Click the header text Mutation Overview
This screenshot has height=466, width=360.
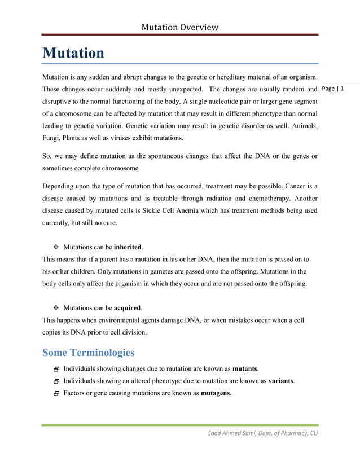179,27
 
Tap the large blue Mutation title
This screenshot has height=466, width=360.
73,53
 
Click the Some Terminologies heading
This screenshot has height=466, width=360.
88,353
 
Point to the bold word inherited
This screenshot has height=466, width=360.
128,247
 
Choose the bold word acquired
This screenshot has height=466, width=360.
128,308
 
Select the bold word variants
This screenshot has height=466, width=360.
280,381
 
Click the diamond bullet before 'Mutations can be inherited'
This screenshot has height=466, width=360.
56,247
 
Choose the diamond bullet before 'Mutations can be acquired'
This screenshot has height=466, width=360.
56,309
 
